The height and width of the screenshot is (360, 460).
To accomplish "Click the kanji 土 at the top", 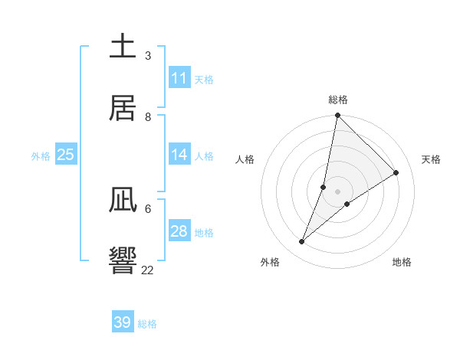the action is [123, 47].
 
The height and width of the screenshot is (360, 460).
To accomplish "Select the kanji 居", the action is [123, 107].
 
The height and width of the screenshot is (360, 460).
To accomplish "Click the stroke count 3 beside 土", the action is [148, 56].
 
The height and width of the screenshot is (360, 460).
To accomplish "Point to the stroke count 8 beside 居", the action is [148, 116].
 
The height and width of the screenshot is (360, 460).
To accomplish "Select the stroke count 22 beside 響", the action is [148, 270].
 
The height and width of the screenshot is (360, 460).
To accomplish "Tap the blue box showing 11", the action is [179, 78].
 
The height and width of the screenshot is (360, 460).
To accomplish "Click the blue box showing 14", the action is [179, 155].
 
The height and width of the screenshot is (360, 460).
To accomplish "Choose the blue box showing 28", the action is [179, 231].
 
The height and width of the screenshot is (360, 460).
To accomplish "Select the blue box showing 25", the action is [65, 155].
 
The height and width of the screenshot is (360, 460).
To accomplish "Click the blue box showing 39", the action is [122, 322].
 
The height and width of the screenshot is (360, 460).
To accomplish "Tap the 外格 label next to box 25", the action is [41, 156].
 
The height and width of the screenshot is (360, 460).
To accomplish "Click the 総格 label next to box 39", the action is [147, 324].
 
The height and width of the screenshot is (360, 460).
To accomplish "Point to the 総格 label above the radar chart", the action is [338, 100].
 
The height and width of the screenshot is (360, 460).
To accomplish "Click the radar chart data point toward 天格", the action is [396, 173].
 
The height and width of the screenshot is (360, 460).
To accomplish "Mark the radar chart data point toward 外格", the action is [302, 242].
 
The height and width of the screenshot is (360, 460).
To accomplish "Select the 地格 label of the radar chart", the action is [402, 262].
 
